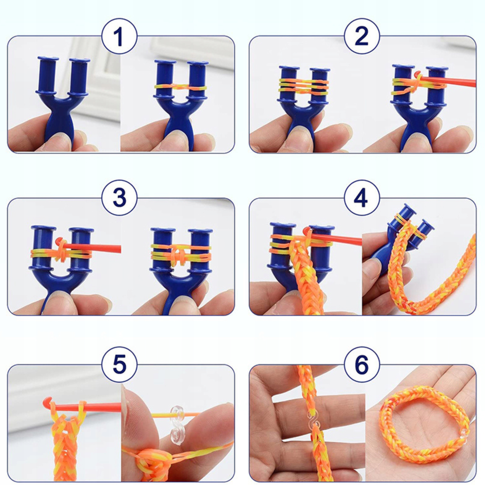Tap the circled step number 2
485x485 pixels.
pos(362,36)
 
